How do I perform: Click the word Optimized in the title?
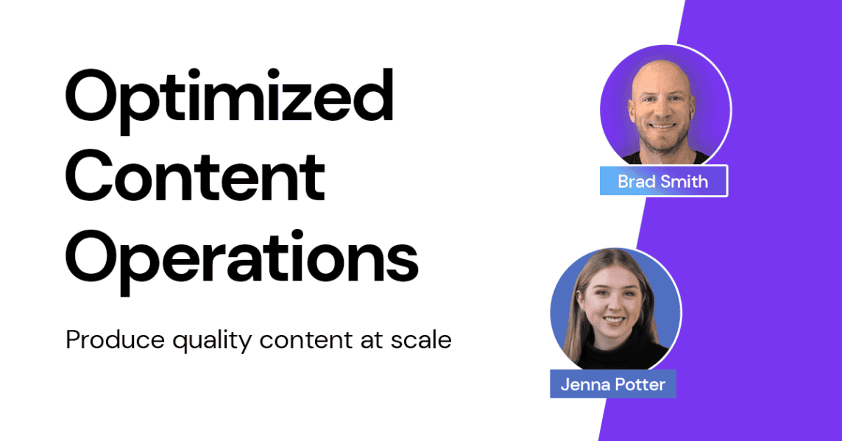coord(230,100)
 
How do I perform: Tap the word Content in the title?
coord(196,177)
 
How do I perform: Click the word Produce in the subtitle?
coord(115,339)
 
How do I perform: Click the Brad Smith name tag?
coord(664,181)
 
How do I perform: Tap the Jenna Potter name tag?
coord(612,384)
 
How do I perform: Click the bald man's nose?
coord(662,110)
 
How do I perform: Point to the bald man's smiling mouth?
coord(662,127)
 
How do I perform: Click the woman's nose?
coord(613,307)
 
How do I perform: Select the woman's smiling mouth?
coord(615,321)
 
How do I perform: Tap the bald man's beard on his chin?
coord(663,142)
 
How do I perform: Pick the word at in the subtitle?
coord(371,341)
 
